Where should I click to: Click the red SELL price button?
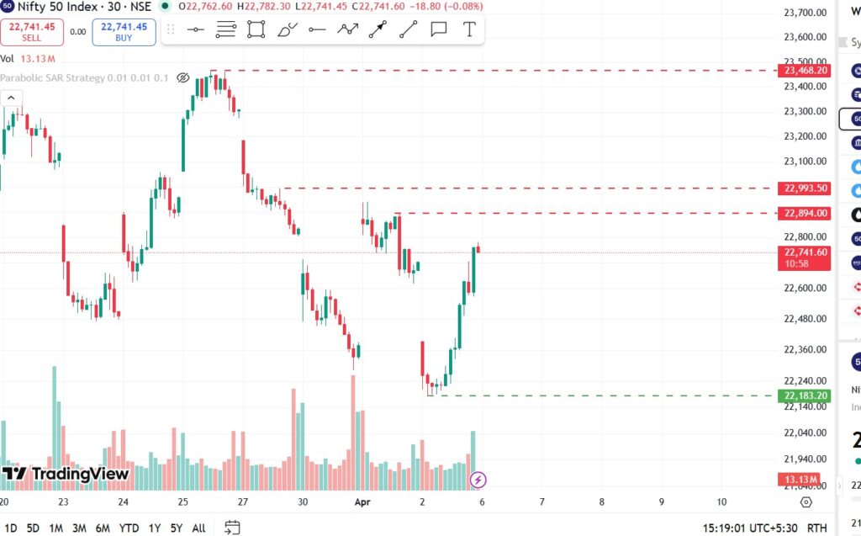32,32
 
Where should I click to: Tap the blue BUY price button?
124,32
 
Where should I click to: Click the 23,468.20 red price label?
806,71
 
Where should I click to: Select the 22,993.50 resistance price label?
806,188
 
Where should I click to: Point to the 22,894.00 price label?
806,214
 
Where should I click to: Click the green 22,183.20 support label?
806,395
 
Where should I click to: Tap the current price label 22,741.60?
806,252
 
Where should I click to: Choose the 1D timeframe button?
10,528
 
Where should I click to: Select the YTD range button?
129,528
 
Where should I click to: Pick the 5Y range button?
177,528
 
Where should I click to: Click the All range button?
198,528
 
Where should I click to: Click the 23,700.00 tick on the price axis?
806,13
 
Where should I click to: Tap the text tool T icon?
469,29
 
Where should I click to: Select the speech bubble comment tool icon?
438,29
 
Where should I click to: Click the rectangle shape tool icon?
256,29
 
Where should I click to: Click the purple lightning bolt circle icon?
478,480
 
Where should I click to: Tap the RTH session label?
816,528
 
